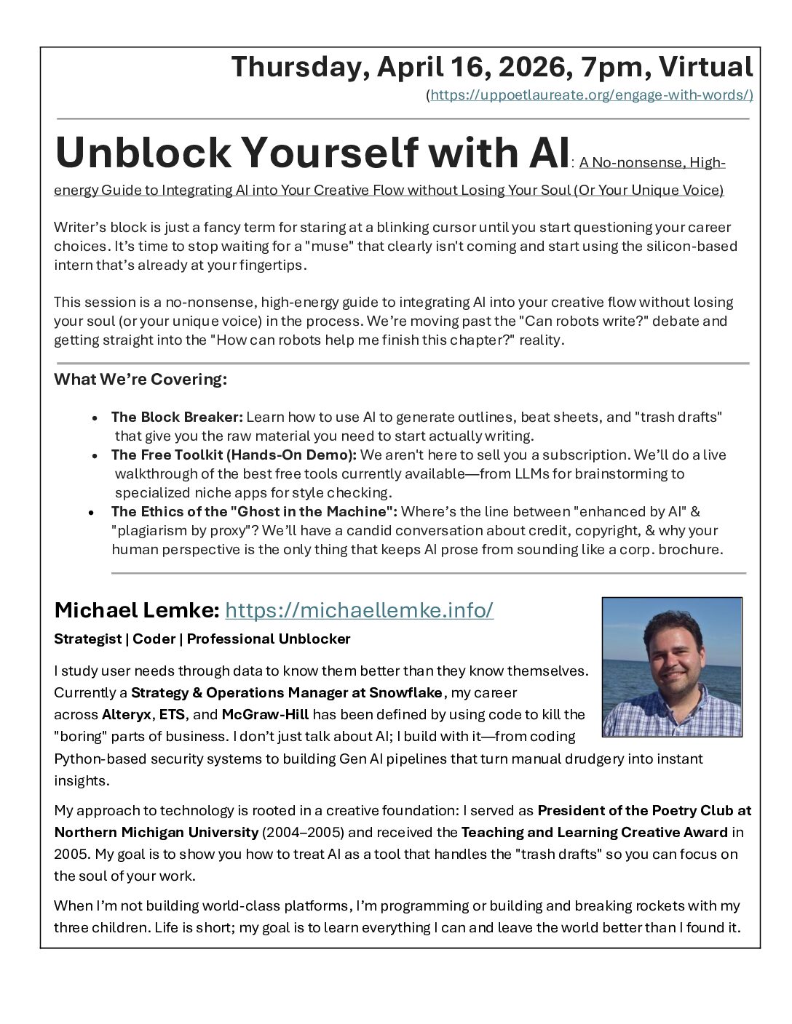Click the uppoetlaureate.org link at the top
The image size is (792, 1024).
click(591, 95)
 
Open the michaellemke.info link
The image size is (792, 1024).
click(359, 610)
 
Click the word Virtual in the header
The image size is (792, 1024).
click(705, 67)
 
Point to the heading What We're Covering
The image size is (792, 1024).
click(140, 379)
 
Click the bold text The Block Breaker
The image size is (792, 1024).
click(177, 417)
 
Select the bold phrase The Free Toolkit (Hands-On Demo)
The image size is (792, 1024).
click(234, 455)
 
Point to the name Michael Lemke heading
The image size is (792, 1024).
click(136, 610)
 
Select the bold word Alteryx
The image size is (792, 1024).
click(127, 713)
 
